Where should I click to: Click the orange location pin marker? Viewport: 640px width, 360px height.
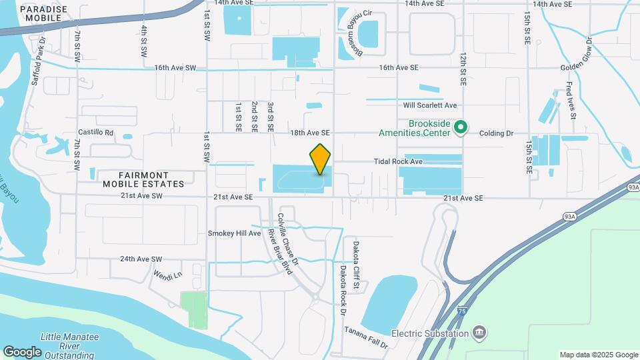click(321, 159)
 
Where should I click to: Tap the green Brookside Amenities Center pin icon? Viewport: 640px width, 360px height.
click(460, 126)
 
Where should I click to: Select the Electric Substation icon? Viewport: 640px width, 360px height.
click(479, 332)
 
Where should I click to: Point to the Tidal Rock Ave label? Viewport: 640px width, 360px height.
click(399, 161)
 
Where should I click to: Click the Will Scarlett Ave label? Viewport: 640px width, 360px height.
click(429, 105)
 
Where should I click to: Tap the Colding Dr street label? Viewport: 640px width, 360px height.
click(497, 133)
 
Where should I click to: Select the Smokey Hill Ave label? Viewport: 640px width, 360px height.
click(234, 233)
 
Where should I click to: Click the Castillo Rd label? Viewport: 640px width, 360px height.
click(96, 133)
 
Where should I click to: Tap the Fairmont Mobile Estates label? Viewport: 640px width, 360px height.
click(143, 179)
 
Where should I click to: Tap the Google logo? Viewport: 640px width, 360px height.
click(22, 351)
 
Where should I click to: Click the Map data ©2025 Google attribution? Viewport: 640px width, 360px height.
click(598, 355)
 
